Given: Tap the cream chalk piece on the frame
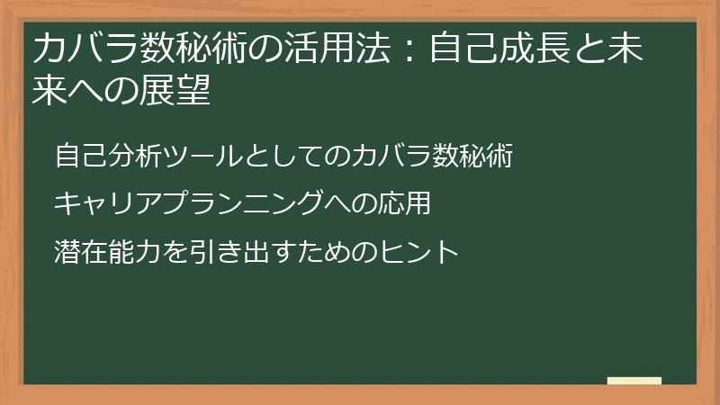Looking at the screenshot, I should click(634, 381).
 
